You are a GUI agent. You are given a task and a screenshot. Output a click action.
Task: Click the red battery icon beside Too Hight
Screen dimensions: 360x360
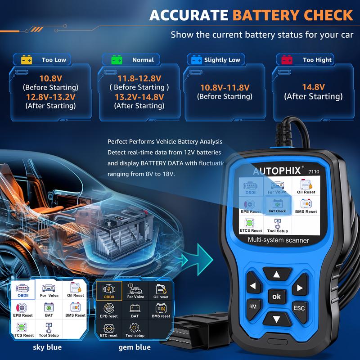click(286, 60)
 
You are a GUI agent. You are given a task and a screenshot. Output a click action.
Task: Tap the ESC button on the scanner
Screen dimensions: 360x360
click(299, 308)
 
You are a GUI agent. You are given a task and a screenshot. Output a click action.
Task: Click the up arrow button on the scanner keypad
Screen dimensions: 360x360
click(276, 274)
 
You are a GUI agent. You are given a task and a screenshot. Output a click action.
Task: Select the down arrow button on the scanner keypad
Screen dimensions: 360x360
click(276, 319)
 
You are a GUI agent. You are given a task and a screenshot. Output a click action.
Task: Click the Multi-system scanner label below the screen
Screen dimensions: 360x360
click(278, 240)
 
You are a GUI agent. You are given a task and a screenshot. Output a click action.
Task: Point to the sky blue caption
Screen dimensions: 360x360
click(47, 347)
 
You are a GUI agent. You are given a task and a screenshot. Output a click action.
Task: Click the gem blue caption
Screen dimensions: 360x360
click(135, 347)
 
